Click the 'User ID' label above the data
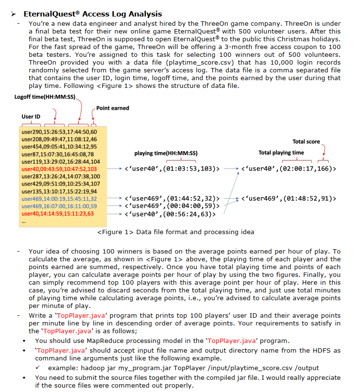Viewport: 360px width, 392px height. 31,117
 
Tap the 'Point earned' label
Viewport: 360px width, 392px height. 113,108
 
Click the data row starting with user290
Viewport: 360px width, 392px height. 60,132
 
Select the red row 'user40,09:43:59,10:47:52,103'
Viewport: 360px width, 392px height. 60,169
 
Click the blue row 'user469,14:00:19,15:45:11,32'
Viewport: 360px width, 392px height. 60,199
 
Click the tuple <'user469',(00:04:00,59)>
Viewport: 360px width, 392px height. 172,206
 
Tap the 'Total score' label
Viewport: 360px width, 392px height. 306,141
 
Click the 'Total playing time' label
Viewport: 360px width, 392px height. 281,153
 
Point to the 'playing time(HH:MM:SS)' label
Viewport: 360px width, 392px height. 166,153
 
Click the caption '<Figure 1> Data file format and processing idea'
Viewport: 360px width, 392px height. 175,232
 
